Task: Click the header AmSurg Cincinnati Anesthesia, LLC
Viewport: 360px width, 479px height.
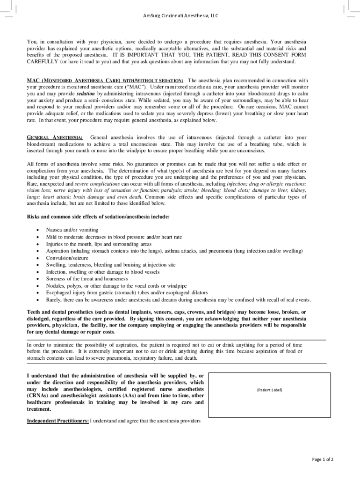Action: (x=180, y=15)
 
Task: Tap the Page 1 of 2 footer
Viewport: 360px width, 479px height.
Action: (x=323, y=459)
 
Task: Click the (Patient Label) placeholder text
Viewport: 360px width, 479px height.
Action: (x=269, y=390)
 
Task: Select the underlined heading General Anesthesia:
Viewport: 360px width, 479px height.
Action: (x=55, y=138)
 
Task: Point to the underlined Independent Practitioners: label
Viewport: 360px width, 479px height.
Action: (x=58, y=421)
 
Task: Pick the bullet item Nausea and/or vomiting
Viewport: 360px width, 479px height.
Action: (x=72, y=230)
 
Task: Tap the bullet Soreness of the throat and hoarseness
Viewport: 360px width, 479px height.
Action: (x=86, y=279)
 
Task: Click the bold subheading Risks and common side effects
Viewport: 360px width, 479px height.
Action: (x=98, y=217)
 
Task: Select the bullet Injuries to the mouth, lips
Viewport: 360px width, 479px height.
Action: (x=99, y=244)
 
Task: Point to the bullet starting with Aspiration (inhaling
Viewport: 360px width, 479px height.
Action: (x=174, y=251)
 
